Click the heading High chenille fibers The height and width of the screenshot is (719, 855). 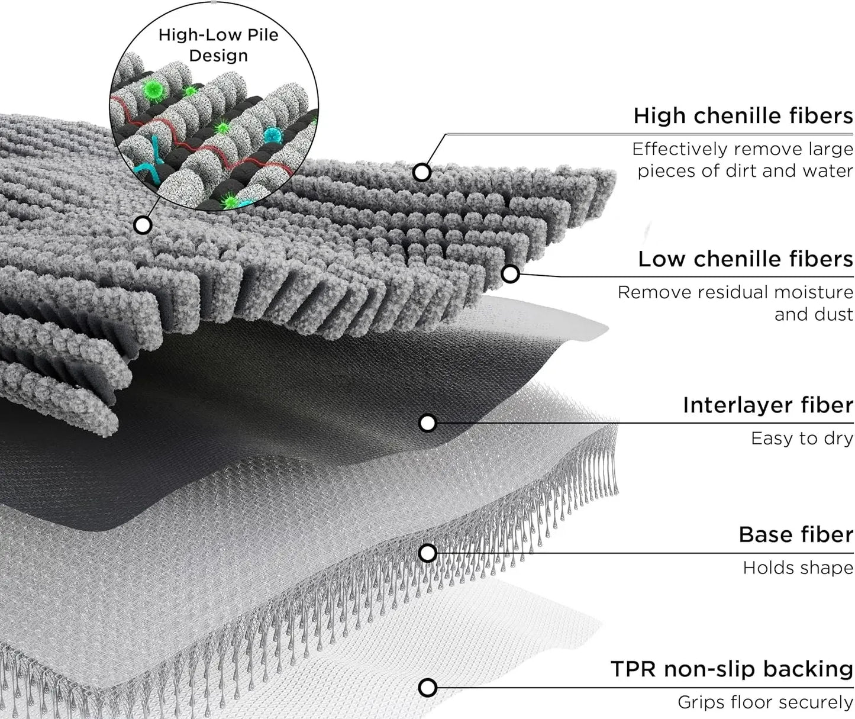743,115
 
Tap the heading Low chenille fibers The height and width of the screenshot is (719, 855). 745,259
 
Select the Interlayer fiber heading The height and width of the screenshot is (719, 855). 767,405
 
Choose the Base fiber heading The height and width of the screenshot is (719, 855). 796,535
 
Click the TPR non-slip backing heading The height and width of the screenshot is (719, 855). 731,669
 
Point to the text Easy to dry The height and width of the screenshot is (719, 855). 802,439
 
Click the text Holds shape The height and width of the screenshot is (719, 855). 798,568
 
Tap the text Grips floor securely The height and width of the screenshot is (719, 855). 765,702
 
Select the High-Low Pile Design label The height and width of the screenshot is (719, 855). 218,45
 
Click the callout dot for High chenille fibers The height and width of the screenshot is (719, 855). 421,172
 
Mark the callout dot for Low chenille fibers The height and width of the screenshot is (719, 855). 510,273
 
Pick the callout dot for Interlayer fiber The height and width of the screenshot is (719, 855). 427,423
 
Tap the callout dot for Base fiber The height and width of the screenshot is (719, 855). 427,553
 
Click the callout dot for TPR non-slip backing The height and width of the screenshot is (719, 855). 427,688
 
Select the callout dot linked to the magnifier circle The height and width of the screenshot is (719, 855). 143,225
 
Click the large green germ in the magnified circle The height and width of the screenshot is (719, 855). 154,89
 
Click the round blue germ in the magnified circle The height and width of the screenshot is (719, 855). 273,135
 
